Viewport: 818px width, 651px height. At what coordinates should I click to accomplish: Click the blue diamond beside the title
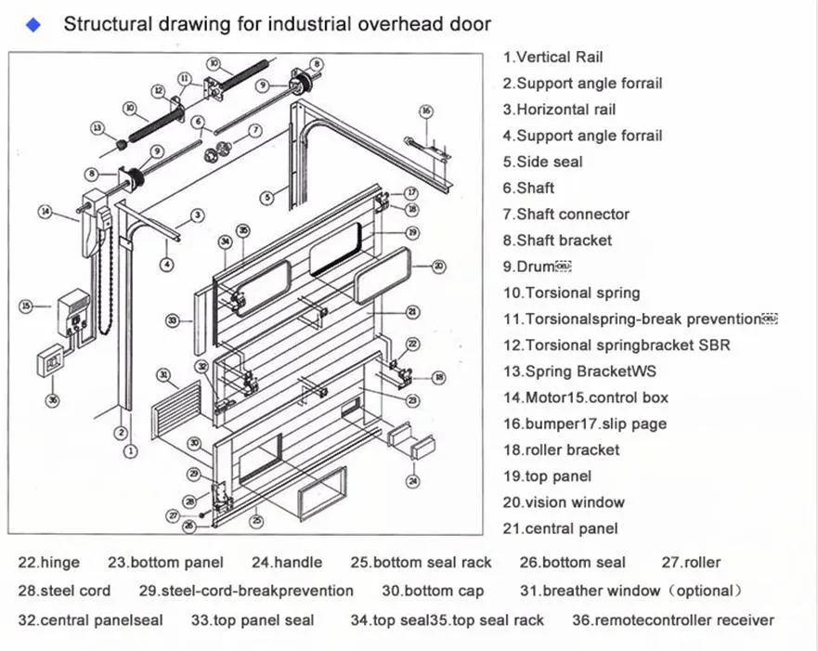pyautogui.click(x=34, y=25)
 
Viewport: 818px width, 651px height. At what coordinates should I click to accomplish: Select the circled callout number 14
pyautogui.click(x=45, y=212)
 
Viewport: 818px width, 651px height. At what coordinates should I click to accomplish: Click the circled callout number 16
pyautogui.click(x=426, y=112)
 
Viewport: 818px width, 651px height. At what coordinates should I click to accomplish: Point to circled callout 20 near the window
pyautogui.click(x=438, y=266)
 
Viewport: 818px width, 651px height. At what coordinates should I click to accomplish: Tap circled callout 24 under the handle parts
pyautogui.click(x=412, y=480)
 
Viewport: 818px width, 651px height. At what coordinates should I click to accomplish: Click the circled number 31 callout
pyautogui.click(x=163, y=375)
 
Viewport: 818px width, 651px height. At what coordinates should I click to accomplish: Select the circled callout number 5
pyautogui.click(x=267, y=197)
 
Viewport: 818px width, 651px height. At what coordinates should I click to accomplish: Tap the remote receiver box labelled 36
pyautogui.click(x=52, y=360)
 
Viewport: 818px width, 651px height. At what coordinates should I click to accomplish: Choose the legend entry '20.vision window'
pyautogui.click(x=564, y=502)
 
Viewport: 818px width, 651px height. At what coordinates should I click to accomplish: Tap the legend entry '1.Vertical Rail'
pyautogui.click(x=552, y=57)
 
